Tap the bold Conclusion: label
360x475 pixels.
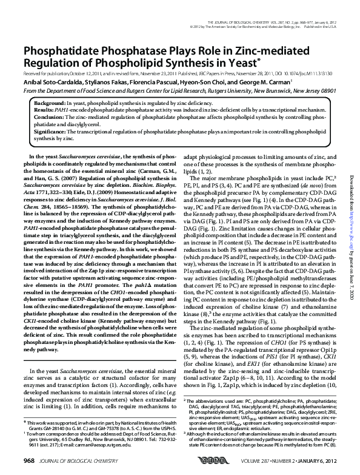coord(47,118)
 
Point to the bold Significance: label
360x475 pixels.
coord(48,131)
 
